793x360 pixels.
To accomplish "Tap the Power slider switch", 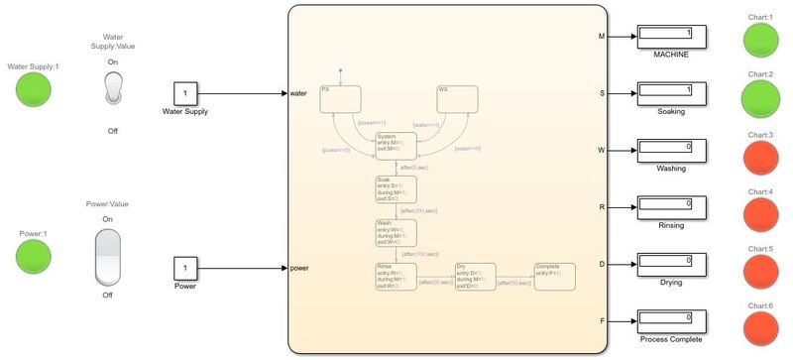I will [x=107, y=257].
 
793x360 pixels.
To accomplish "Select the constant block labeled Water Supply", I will [x=183, y=92].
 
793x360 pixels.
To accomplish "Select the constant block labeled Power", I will [x=183, y=268].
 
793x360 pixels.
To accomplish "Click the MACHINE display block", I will [x=670, y=37].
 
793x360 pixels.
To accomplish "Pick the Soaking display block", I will [x=670, y=94].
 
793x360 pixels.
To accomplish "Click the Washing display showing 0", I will [x=670, y=151].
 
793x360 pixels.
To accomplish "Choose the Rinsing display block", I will [x=670, y=207].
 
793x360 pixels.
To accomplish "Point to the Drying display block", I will [x=670, y=265].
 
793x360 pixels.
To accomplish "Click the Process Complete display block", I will [x=670, y=321].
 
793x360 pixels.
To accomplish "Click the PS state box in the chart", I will [x=340, y=97].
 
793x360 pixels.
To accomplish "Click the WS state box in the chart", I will [x=458, y=97].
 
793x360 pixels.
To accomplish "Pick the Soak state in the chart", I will [x=396, y=189].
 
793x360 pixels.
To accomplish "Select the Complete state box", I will [x=553, y=277].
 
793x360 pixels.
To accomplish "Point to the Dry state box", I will [x=474, y=277].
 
